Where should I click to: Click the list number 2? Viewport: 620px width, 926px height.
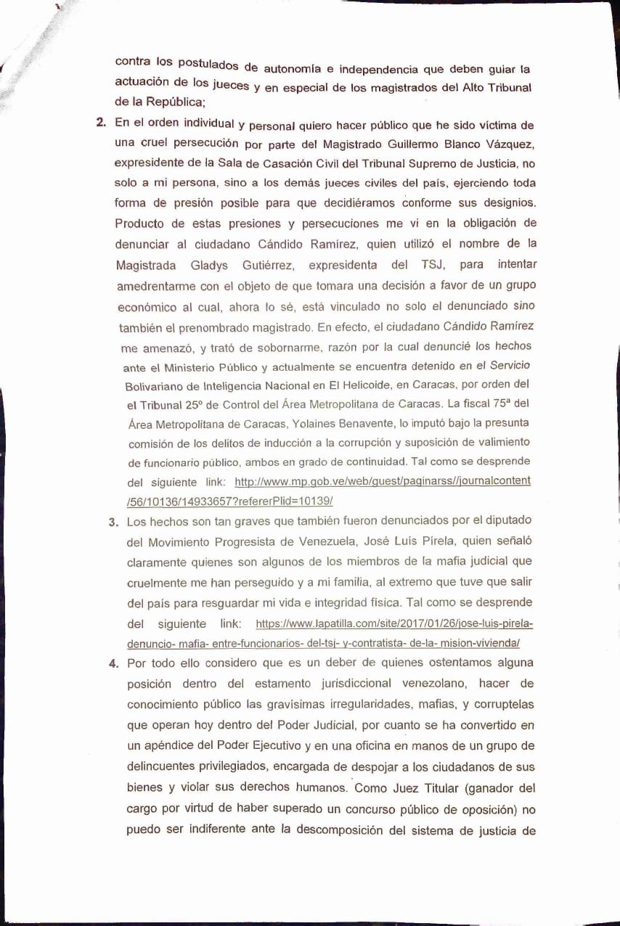pos(101,122)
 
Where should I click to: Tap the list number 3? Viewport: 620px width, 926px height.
pos(113,522)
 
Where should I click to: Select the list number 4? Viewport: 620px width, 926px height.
pos(113,663)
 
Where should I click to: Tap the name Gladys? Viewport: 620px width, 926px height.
pos(200,266)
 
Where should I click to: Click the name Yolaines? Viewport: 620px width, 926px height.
pos(331,422)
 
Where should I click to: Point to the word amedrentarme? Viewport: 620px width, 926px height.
pos(156,286)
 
